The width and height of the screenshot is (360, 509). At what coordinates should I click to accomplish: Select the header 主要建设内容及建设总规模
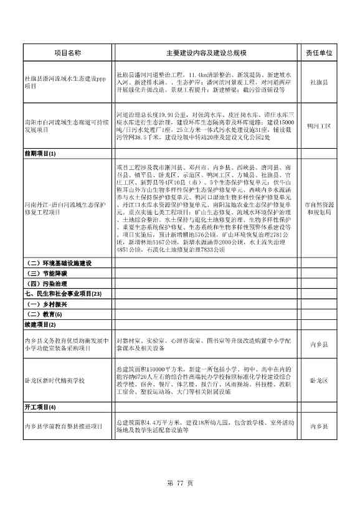coord(206,54)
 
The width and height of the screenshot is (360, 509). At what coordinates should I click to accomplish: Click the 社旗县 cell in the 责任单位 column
coord(318,82)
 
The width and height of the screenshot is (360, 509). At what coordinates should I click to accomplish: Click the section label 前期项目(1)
coord(40,153)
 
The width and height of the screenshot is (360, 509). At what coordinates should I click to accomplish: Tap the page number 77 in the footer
coord(181,482)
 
